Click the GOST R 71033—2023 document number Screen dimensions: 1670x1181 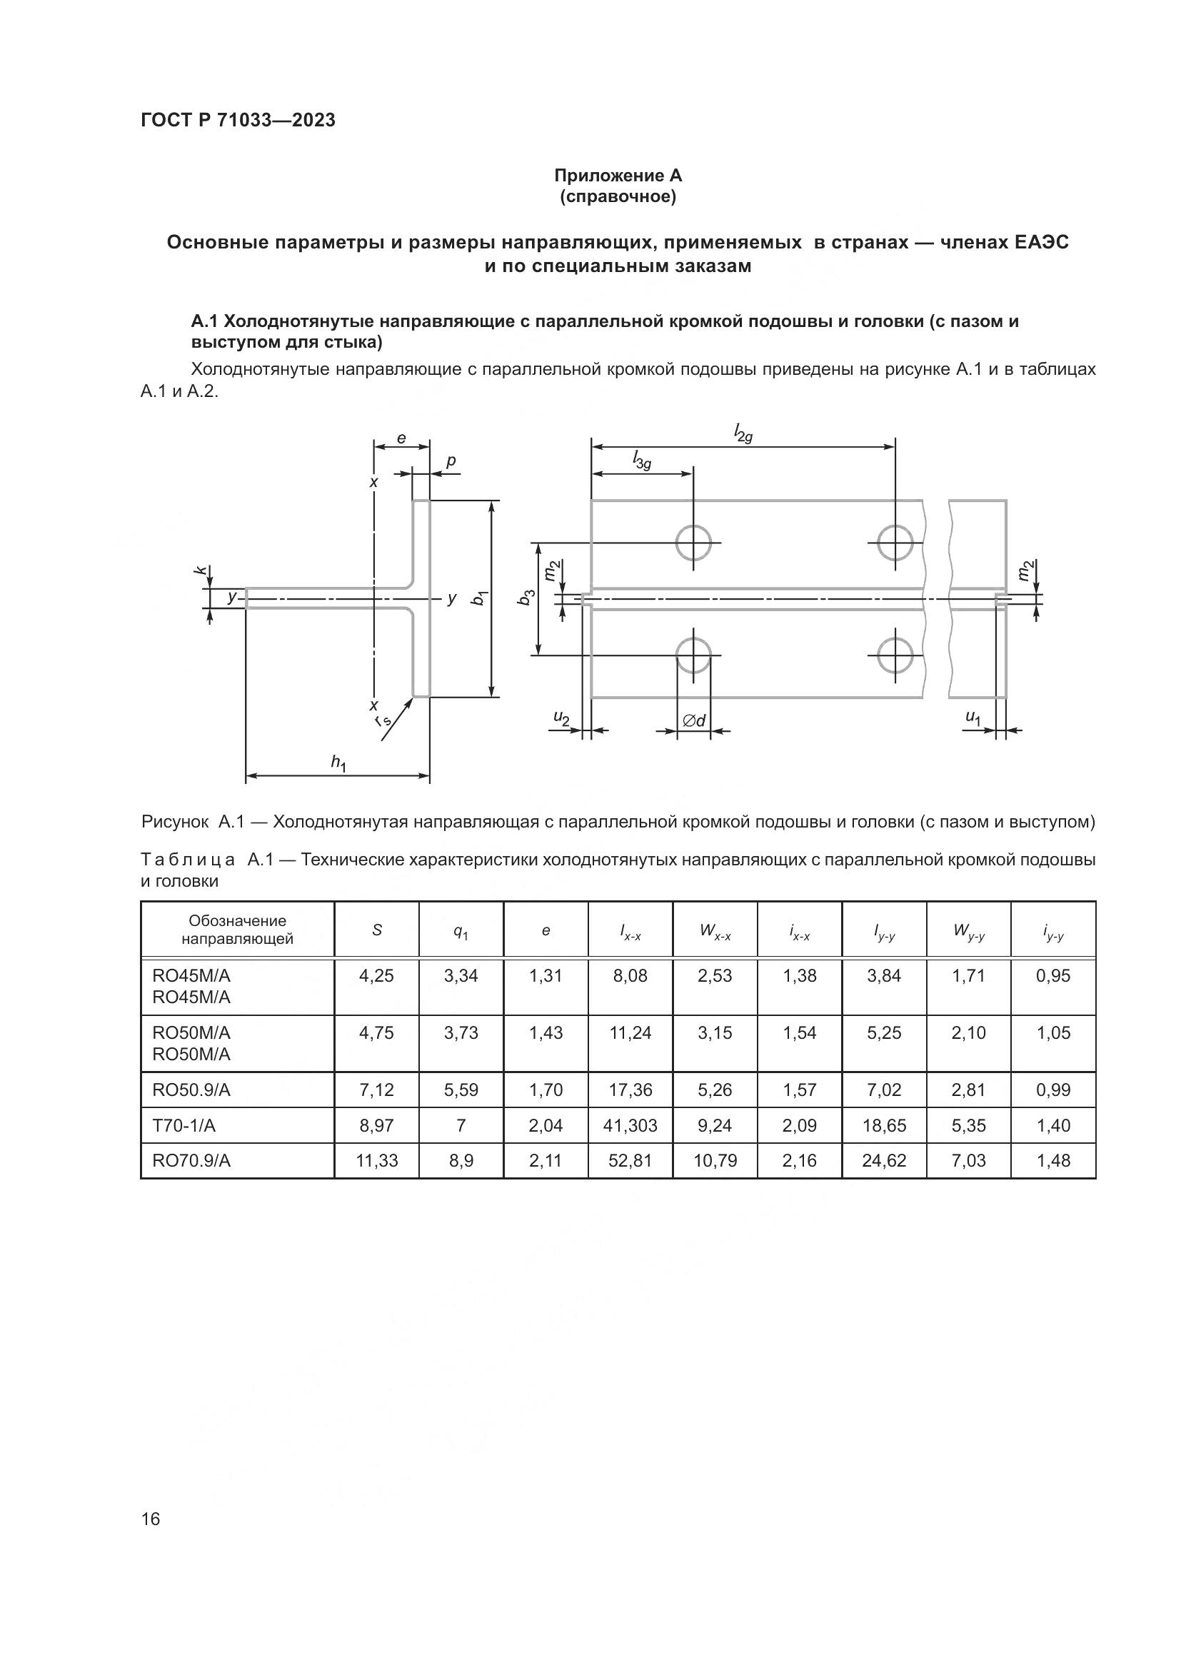pyautogui.click(x=238, y=120)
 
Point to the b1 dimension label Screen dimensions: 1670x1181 pyautogui.click(x=479, y=598)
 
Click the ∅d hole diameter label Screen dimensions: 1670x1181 pyautogui.click(x=694, y=721)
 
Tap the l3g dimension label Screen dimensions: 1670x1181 pyautogui.click(x=641, y=460)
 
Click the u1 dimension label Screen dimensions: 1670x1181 pyautogui.click(x=973, y=717)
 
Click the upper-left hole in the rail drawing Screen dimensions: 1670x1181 pyautogui.click(x=693, y=543)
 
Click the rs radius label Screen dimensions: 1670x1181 pyautogui.click(x=383, y=720)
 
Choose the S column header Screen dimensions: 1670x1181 pyautogui.click(x=377, y=930)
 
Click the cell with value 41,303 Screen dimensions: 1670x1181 pyautogui.click(x=630, y=1126)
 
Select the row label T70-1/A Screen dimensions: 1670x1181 pyautogui.click(x=184, y=1126)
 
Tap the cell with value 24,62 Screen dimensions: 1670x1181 pyautogui.click(x=884, y=1161)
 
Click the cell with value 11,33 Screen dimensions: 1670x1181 pyautogui.click(x=377, y=1161)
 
